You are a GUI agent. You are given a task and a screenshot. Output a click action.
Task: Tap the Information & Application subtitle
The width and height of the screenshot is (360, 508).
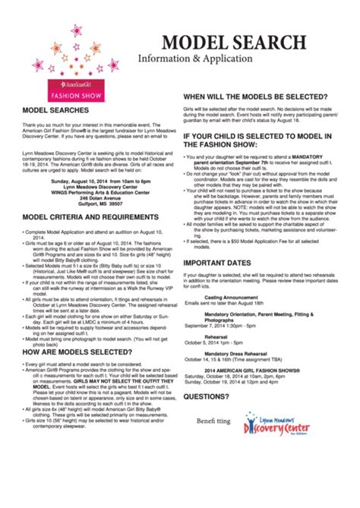tap(194, 58)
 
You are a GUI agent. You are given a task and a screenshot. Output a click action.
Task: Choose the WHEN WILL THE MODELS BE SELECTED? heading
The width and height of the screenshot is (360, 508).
tap(255, 97)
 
